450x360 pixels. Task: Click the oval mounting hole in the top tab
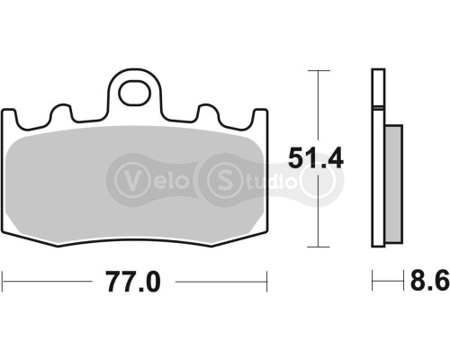pyautogui.click(x=135, y=90)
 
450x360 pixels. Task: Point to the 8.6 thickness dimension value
pyautogui.click(x=429, y=283)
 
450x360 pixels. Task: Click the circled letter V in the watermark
pyautogui.click(x=129, y=177)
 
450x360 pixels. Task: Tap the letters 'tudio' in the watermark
pyautogui.click(x=270, y=177)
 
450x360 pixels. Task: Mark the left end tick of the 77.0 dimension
pyautogui.click(x=4, y=282)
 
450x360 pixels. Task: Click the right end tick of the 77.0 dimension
pyautogui.click(x=267, y=282)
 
